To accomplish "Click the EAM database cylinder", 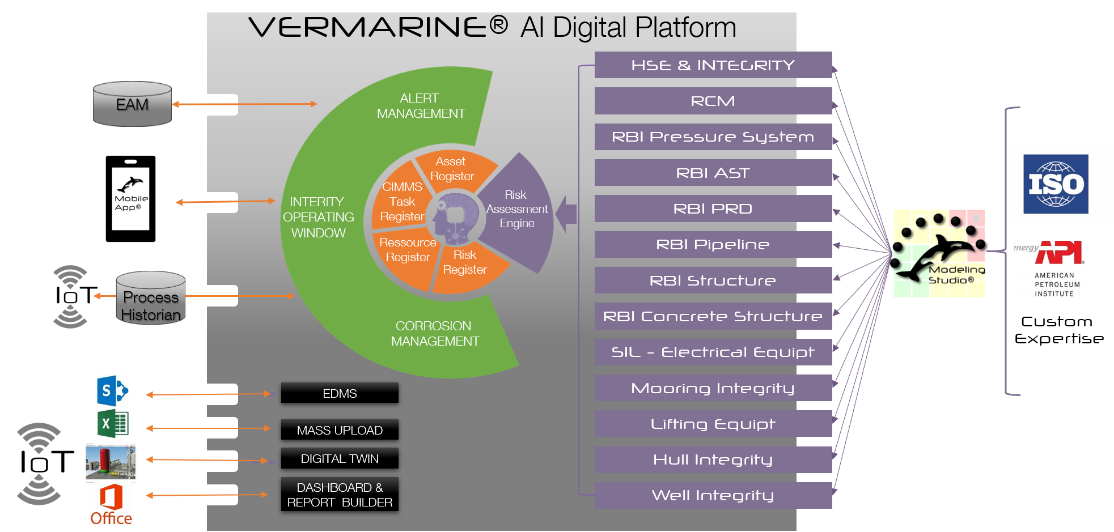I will click(132, 104).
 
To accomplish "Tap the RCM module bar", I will click(713, 101).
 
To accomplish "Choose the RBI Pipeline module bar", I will click(713, 244).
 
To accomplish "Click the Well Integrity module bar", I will click(713, 495).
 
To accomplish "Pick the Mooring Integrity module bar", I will click(713, 388).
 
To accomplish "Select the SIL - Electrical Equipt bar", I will click(713, 352).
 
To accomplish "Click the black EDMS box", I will click(340, 393).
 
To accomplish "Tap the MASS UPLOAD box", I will click(340, 430).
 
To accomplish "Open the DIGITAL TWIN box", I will click(340, 458).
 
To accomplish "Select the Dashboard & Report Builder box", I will click(340, 495).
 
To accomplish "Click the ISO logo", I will click(1055, 184).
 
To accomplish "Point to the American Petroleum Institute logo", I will click(1049, 268).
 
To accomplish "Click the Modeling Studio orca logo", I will click(939, 253).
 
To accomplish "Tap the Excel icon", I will click(113, 424).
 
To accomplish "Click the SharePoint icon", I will click(113, 390).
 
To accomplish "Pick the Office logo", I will click(111, 505).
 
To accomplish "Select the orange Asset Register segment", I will click(454, 168).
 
